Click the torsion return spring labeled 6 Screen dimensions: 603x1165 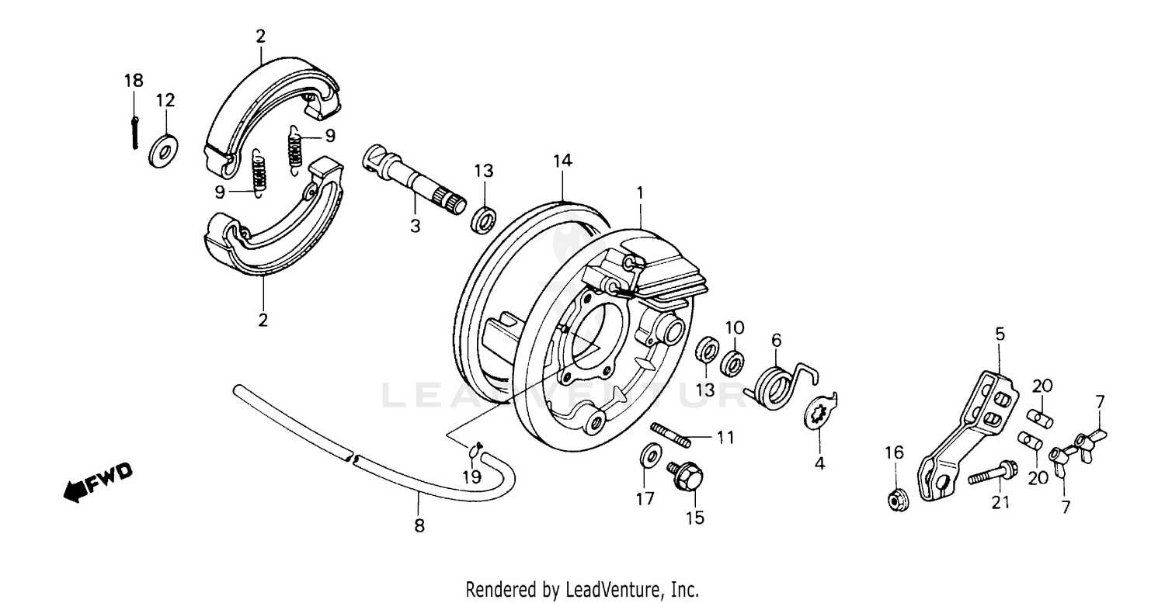click(x=777, y=385)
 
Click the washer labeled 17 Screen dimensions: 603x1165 click(x=648, y=456)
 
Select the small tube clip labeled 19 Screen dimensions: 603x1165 click(x=475, y=448)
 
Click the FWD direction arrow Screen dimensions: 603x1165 click(x=97, y=480)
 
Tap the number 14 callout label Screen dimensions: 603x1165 click(x=562, y=161)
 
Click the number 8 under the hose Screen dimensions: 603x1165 click(x=419, y=526)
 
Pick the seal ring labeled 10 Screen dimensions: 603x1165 click(x=733, y=362)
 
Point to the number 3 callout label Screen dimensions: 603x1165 click(x=415, y=226)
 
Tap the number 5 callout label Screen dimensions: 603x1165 click(x=1000, y=334)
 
